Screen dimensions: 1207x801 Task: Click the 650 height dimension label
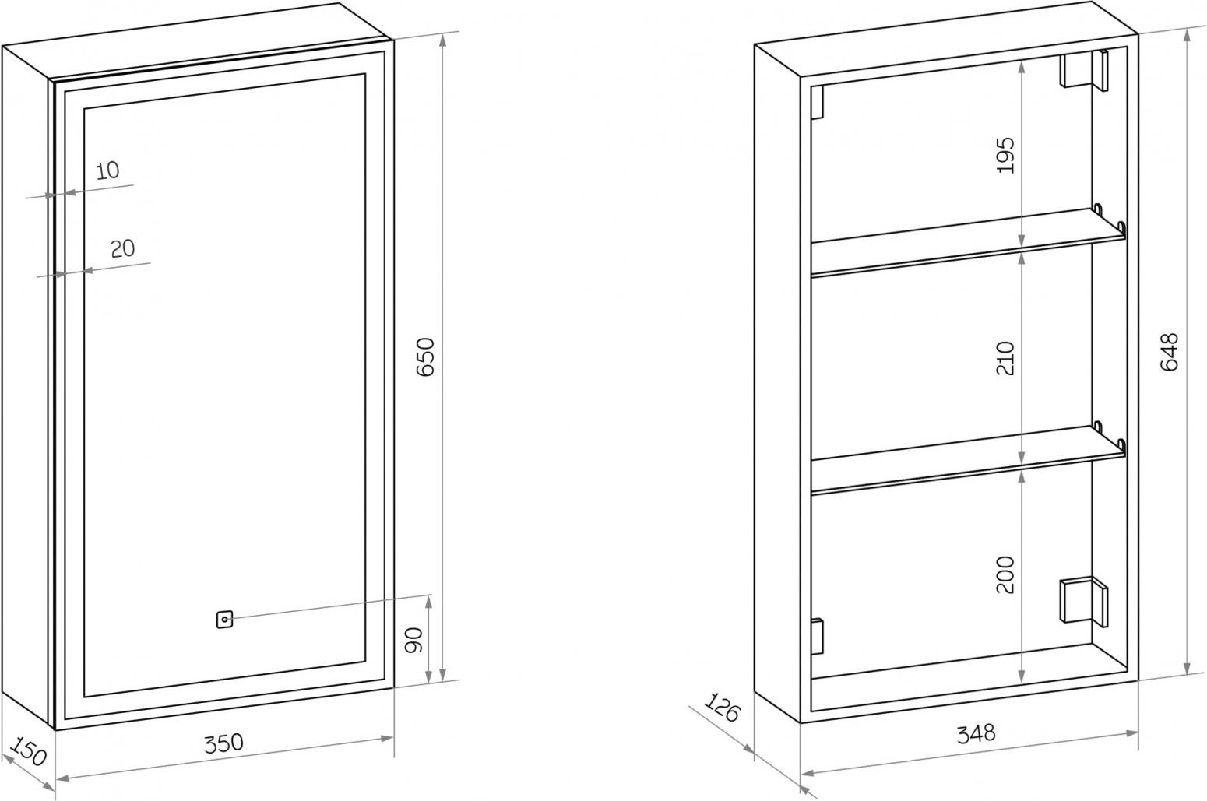point(426,357)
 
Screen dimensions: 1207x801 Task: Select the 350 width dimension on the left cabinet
point(223,743)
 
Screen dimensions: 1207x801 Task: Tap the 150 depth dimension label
point(28,751)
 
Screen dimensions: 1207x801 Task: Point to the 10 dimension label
point(107,170)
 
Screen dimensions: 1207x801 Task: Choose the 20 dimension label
point(123,249)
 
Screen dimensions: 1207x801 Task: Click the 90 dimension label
point(413,640)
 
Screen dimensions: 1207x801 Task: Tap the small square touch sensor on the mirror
point(224,620)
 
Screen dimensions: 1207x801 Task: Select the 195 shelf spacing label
point(1005,155)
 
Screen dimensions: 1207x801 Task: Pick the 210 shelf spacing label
point(1005,358)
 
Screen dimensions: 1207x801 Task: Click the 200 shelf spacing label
point(1005,574)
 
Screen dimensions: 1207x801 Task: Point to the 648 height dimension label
point(1170,353)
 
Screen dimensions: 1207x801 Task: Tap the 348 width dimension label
point(977,733)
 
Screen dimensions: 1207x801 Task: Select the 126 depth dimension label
point(722,708)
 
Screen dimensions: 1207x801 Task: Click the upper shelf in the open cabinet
point(968,242)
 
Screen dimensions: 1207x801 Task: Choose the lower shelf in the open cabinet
point(968,459)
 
